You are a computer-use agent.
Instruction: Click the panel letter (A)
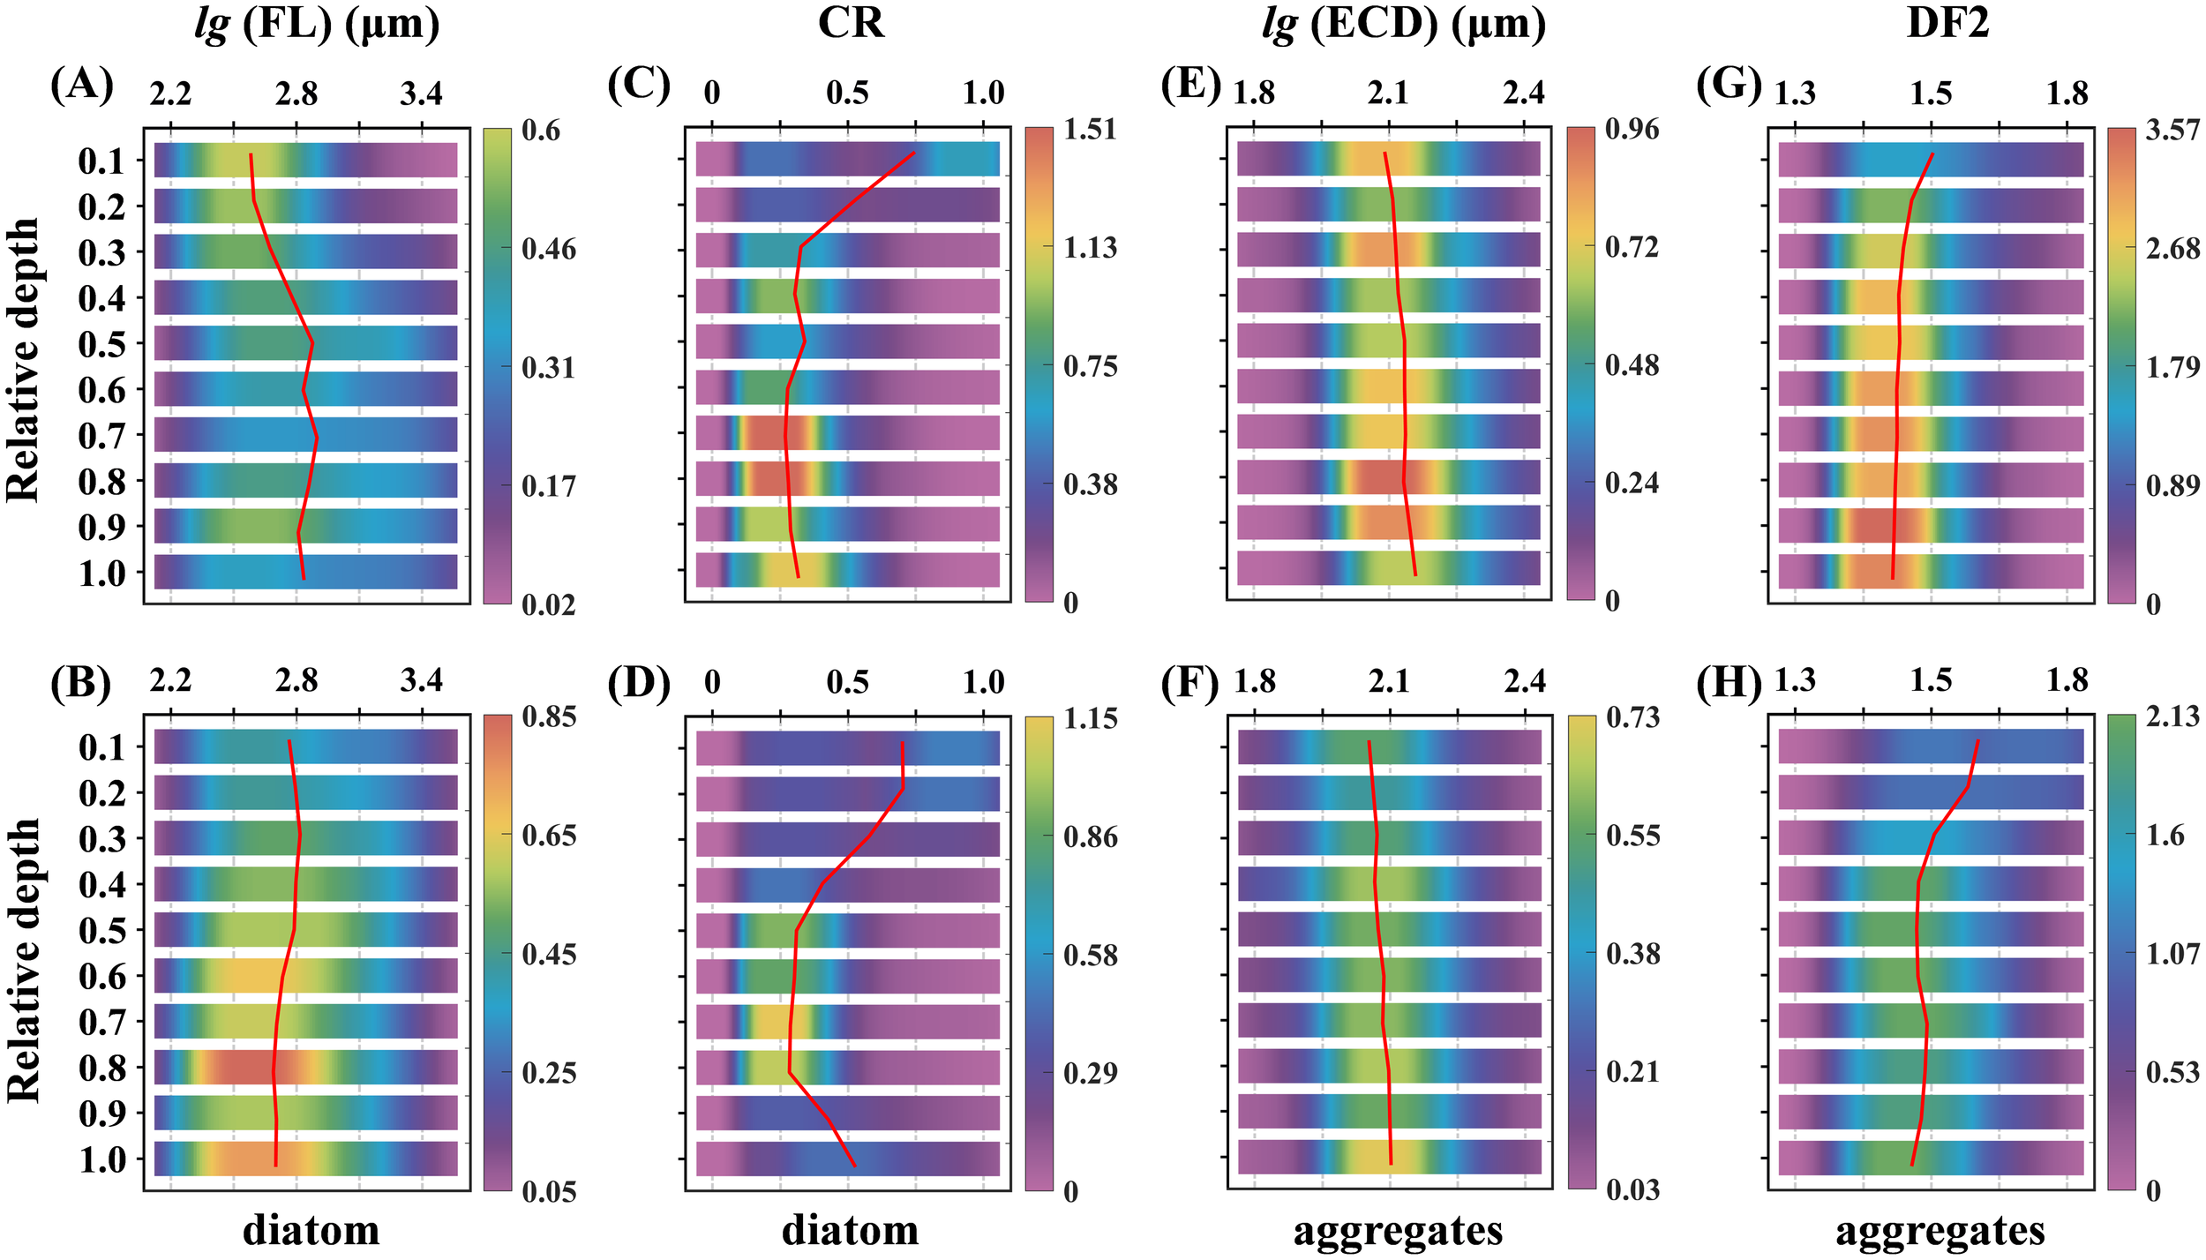pyautogui.click(x=82, y=86)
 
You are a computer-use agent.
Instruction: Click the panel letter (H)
pyautogui.click(x=1729, y=682)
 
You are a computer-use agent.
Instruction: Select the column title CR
pyautogui.click(x=850, y=23)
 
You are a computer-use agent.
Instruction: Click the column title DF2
pyautogui.click(x=1947, y=23)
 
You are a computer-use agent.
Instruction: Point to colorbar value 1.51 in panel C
pyautogui.click(x=1090, y=130)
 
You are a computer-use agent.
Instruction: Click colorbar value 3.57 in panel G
pyautogui.click(x=2172, y=131)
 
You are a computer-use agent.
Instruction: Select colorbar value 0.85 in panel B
pyautogui.click(x=549, y=716)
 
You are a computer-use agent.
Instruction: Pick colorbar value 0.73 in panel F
pyautogui.click(x=1632, y=717)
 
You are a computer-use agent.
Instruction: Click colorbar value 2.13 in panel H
pyautogui.click(x=2172, y=716)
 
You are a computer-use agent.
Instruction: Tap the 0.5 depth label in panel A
pyautogui.click(x=102, y=344)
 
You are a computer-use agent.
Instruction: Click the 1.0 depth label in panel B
pyautogui.click(x=102, y=1159)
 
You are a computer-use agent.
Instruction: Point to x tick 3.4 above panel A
pyautogui.click(x=421, y=93)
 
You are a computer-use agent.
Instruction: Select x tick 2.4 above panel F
pyautogui.click(x=1525, y=681)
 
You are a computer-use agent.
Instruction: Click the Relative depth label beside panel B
pyautogui.click(x=25, y=959)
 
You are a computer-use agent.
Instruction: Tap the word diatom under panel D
pyautogui.click(x=850, y=1229)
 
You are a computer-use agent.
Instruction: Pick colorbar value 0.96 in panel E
pyautogui.click(x=1632, y=130)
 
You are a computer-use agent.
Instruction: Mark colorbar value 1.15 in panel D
pyautogui.click(x=1090, y=718)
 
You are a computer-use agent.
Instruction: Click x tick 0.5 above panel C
pyautogui.click(x=847, y=93)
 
